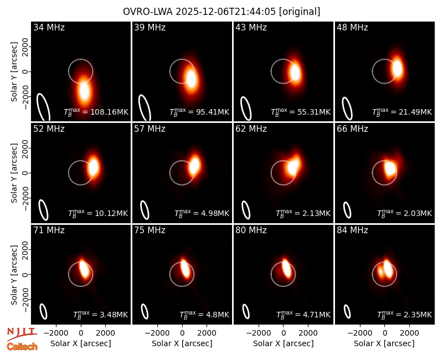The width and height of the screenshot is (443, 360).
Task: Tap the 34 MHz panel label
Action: tap(49, 27)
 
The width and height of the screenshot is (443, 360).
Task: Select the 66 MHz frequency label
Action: tap(352, 129)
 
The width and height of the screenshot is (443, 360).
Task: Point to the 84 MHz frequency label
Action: tap(352, 230)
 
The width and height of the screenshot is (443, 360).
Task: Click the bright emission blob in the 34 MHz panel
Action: tap(84, 90)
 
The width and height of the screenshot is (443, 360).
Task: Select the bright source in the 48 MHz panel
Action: tap(397, 68)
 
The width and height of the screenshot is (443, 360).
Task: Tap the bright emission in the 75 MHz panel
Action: tap(185, 268)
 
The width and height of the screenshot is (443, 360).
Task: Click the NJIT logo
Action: tap(22, 334)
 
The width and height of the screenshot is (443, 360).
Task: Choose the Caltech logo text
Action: tap(22, 347)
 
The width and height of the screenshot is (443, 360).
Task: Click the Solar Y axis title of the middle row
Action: tap(14, 173)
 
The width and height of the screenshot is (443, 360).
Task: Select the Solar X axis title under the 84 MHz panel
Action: tap(384, 343)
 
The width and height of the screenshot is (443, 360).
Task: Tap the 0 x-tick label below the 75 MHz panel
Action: tap(182, 333)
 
